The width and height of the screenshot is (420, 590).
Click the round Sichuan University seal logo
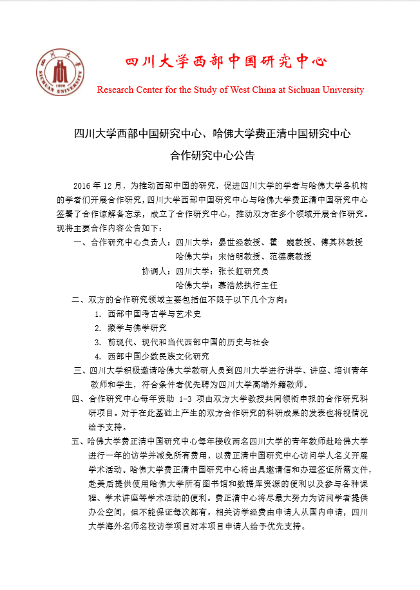pos(60,71)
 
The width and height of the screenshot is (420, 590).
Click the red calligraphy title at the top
pos(225,62)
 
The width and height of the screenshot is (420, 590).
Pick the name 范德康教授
pos(291,256)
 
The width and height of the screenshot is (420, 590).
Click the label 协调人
pos(155,271)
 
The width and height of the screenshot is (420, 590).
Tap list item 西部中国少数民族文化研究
pos(158,356)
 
